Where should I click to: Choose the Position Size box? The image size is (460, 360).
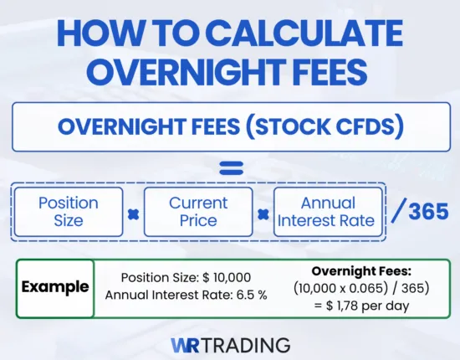click(69, 212)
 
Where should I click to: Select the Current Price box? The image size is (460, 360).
click(198, 212)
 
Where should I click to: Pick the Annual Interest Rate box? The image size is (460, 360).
click(327, 212)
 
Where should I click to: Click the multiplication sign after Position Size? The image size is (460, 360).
click(133, 213)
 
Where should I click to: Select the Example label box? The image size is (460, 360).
click(54, 287)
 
